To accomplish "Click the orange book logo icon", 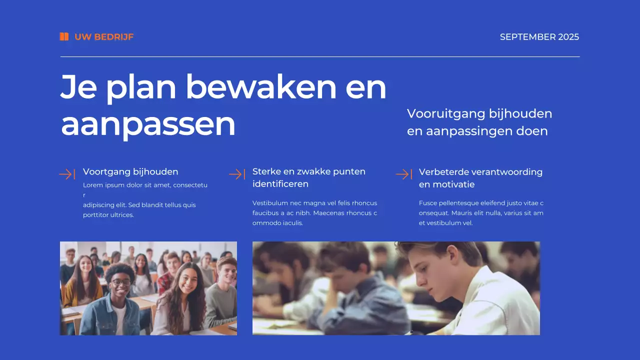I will coord(64,36).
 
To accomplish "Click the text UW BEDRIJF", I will coord(104,36).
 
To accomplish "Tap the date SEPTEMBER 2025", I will coord(539,36).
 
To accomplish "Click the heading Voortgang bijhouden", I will coord(130,171).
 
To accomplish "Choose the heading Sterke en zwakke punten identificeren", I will coord(308,177).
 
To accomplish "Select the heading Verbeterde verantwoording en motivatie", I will coord(480,178).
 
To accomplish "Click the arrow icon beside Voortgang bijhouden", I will coord(67,174).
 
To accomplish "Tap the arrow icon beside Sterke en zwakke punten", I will coord(236,174).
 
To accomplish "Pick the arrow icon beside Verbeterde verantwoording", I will coord(403,174).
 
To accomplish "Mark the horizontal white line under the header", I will coord(320,57).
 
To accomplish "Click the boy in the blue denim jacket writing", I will coord(350,295).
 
